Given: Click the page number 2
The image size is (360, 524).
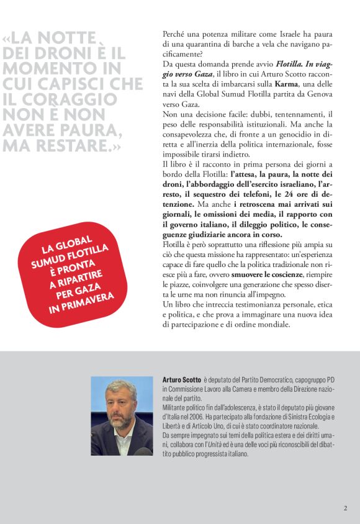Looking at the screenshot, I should click(345, 508).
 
